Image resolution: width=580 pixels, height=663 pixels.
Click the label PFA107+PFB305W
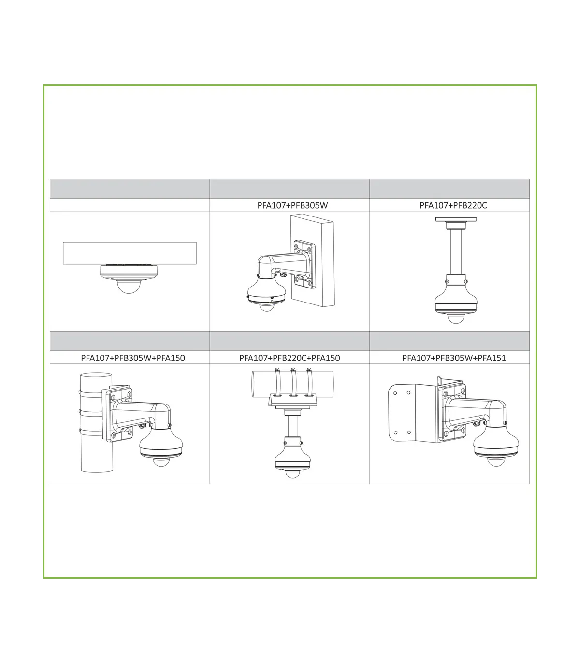pyautogui.click(x=292, y=205)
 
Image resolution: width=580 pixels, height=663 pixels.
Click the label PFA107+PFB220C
pyautogui.click(x=453, y=205)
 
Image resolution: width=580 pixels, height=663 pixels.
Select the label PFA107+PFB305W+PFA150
pyautogui.click(x=133, y=358)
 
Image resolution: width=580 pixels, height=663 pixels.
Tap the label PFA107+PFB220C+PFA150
pyautogui.click(x=290, y=358)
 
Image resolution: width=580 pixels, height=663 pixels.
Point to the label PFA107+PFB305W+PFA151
pyautogui.click(x=454, y=358)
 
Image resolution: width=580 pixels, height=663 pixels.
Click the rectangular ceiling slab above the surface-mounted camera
pyautogui.click(x=130, y=253)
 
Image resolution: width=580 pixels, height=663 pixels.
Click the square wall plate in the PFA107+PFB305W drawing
pyautogui.click(x=304, y=264)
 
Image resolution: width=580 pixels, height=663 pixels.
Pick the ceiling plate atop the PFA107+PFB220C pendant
pyautogui.click(x=456, y=219)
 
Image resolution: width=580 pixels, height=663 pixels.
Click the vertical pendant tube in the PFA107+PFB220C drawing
pyautogui.click(x=455, y=251)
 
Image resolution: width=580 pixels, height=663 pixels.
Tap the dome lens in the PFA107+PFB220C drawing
pyautogui.click(x=455, y=319)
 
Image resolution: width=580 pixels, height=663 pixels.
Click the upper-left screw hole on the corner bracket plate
pyautogui.click(x=395, y=393)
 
